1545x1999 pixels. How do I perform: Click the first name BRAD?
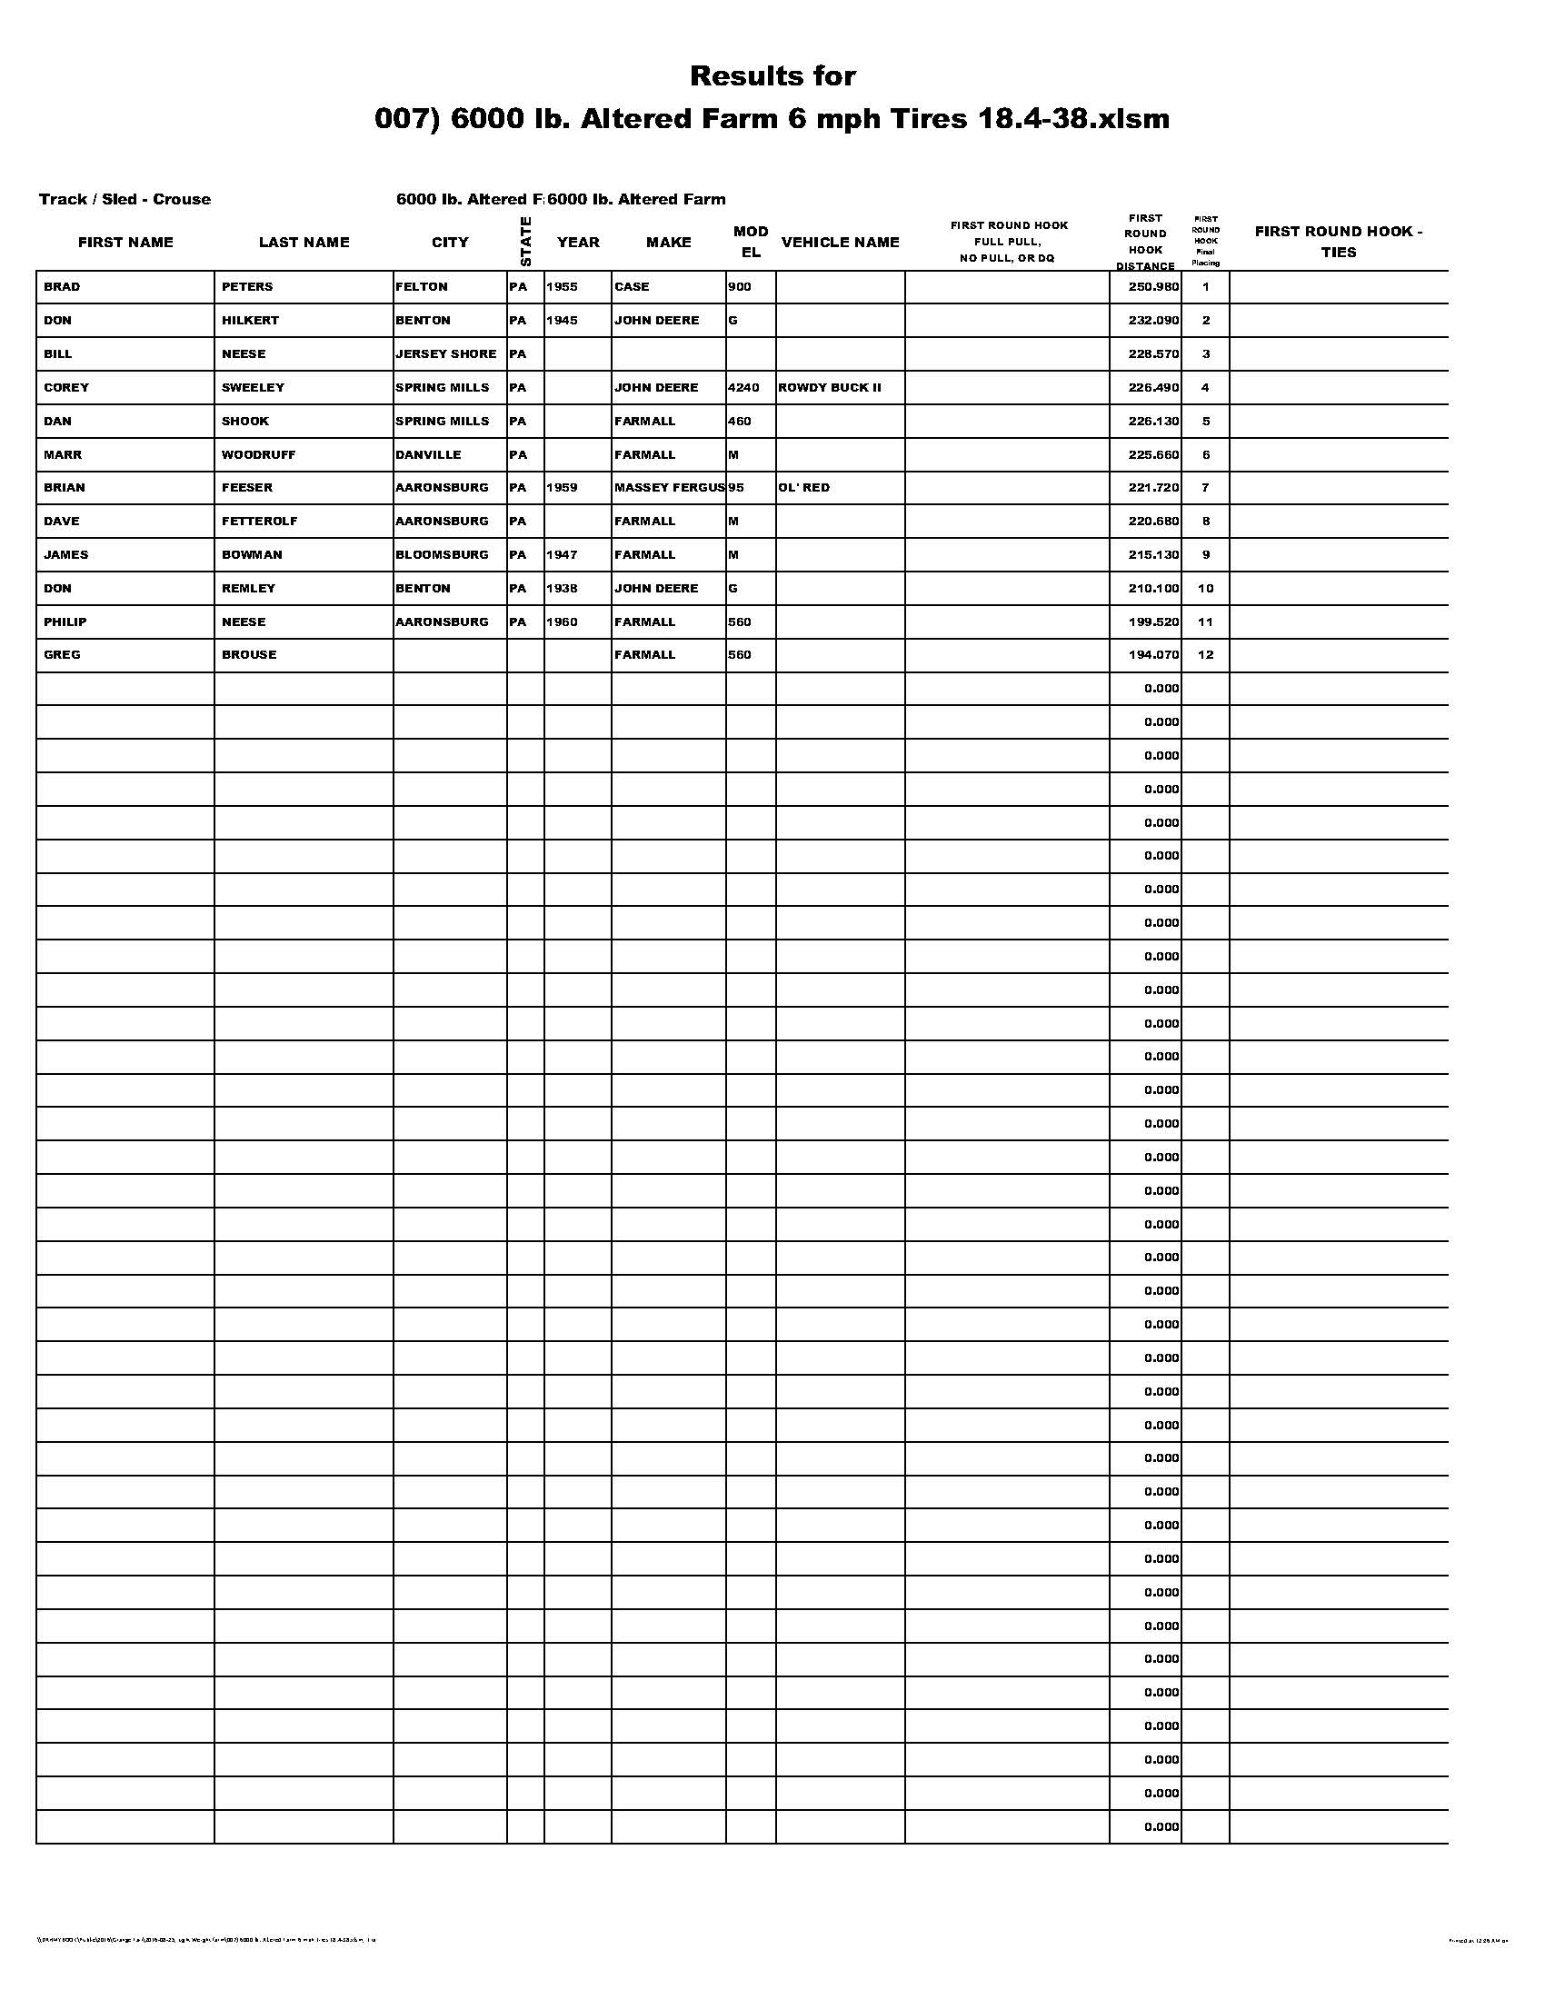coord(62,286)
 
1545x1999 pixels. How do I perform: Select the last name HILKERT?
coord(250,321)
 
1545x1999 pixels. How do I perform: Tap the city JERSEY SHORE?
coord(445,353)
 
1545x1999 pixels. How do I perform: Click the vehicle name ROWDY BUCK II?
coord(829,387)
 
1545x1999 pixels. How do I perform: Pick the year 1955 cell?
coord(562,286)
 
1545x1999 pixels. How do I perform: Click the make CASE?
coord(632,286)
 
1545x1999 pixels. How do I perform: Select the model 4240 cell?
coord(744,387)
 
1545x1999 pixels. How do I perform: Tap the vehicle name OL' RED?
coord(803,487)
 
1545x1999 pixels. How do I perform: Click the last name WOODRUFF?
coord(258,454)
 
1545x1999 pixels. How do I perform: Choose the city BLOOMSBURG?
coord(443,554)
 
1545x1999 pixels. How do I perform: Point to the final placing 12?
coord(1205,654)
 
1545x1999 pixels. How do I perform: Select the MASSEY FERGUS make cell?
coord(669,487)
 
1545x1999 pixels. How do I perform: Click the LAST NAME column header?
coord(304,242)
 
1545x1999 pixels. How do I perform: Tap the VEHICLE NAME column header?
coord(841,242)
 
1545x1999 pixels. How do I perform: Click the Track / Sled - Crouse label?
coord(125,199)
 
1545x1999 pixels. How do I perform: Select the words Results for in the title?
coord(772,76)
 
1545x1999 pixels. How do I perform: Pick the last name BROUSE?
coord(249,654)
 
